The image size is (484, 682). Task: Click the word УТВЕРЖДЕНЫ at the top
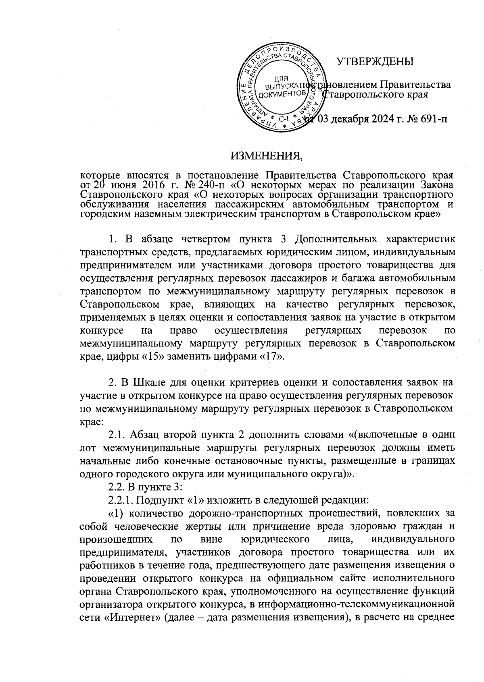[x=375, y=62]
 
